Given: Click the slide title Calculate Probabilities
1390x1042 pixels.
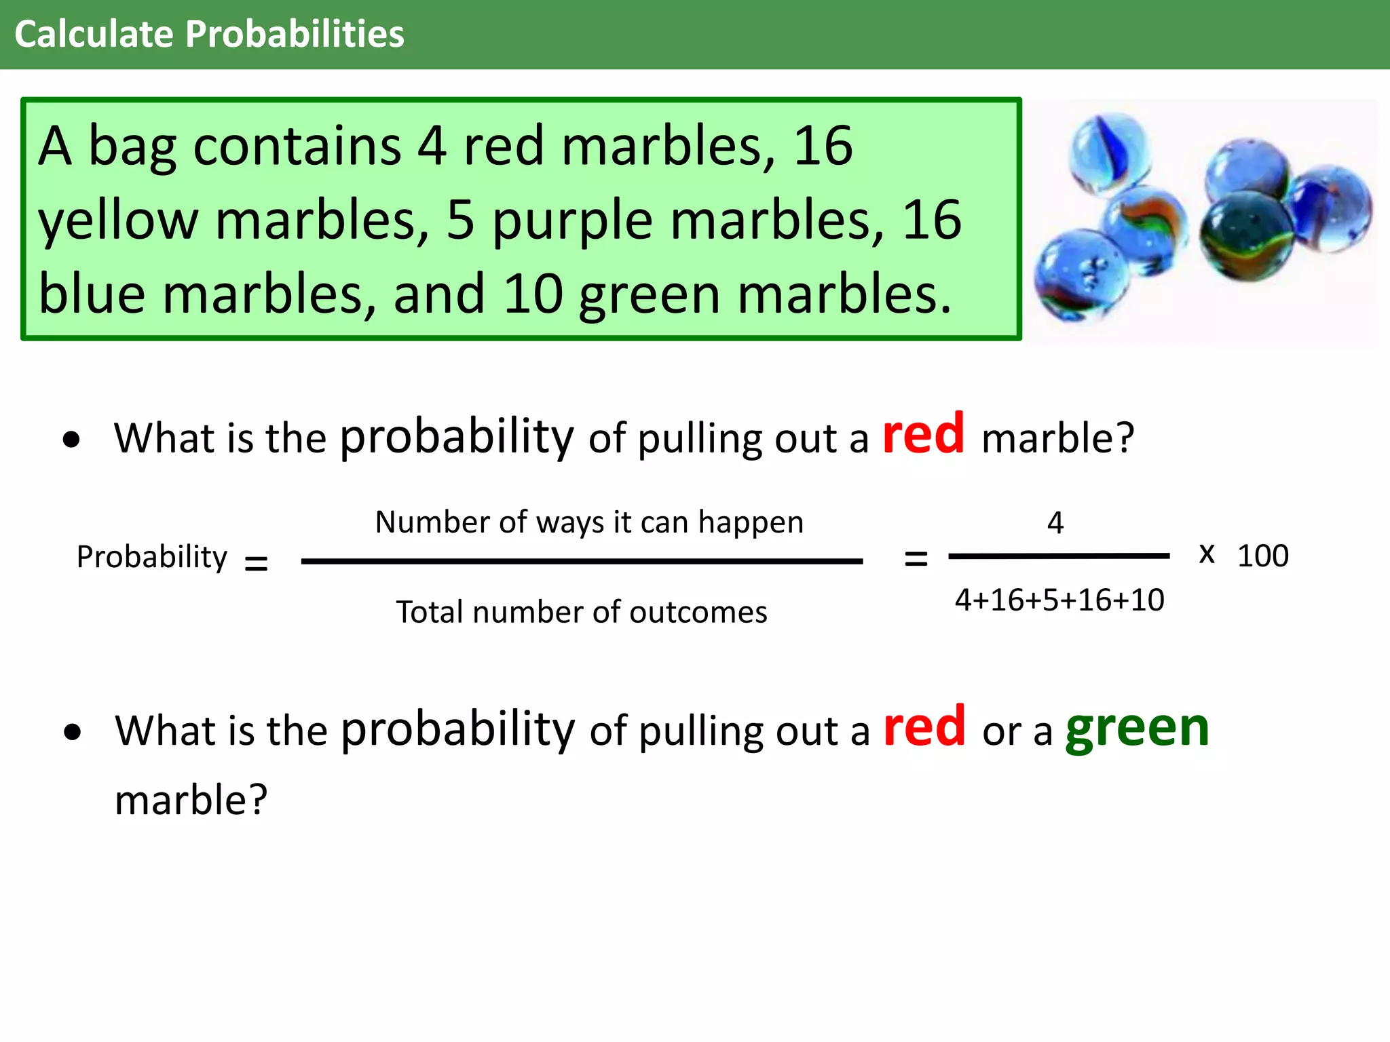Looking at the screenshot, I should pyautogui.click(x=209, y=34).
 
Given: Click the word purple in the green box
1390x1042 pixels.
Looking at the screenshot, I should pyautogui.click(x=572, y=221).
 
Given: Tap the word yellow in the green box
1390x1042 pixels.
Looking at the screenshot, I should pyautogui.click(x=118, y=221).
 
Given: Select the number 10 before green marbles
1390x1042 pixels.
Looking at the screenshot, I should pyautogui.click(x=533, y=294).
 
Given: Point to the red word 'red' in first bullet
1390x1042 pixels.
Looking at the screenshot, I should pyautogui.click(x=923, y=434).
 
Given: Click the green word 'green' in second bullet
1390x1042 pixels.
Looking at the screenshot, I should pyautogui.click(x=1138, y=729).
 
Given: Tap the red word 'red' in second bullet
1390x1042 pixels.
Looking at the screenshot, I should pyautogui.click(x=924, y=727).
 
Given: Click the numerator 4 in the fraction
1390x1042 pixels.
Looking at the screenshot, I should pyautogui.click(x=1055, y=523).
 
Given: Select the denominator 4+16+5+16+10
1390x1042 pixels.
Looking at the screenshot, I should pyautogui.click(x=1059, y=600).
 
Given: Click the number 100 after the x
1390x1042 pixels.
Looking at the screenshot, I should pyautogui.click(x=1262, y=556).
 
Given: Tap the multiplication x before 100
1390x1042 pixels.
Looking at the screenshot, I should pyautogui.click(x=1207, y=554).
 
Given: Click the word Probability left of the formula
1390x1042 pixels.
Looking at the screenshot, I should pyautogui.click(x=152, y=558).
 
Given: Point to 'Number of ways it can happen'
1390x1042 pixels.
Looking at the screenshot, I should pyautogui.click(x=589, y=522).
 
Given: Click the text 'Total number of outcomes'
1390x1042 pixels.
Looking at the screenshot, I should pyautogui.click(x=582, y=612).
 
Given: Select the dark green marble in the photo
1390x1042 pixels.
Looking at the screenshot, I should pyautogui.click(x=1246, y=235).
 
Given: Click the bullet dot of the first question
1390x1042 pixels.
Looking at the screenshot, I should pyautogui.click(x=71, y=440).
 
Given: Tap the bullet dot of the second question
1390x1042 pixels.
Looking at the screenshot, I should pyautogui.click(x=73, y=733).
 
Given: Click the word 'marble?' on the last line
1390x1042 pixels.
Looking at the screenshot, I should pyautogui.click(x=191, y=800).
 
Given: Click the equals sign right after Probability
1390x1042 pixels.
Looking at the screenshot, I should pyautogui.click(x=256, y=563).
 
